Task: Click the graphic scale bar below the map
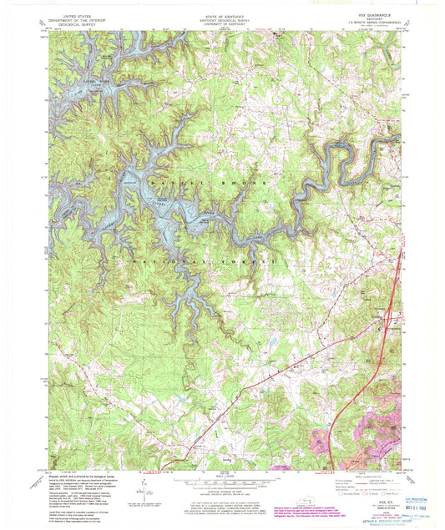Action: pyautogui.click(x=222, y=482)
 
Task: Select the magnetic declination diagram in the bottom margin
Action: pyautogui.click(x=147, y=487)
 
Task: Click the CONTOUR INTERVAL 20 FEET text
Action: pyautogui.click(x=222, y=492)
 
